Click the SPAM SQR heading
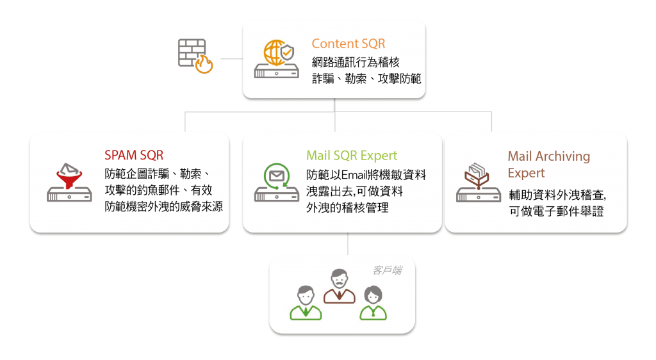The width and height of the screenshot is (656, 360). (x=133, y=156)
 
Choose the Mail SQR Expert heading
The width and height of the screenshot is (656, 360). (x=352, y=156)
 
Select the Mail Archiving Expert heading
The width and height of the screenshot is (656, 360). (x=548, y=164)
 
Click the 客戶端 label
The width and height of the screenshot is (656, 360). (x=387, y=270)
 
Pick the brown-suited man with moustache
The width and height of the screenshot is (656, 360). (x=339, y=286)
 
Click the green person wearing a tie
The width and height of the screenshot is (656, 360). (x=306, y=302)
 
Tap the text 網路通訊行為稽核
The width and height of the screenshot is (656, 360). (x=356, y=63)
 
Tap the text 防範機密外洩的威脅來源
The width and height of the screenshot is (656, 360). (x=163, y=207)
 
